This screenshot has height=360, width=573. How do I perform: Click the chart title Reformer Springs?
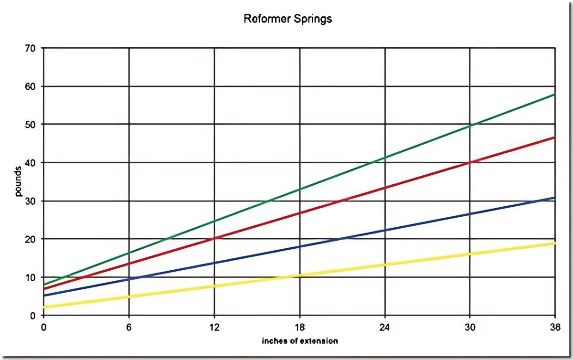coord(287,20)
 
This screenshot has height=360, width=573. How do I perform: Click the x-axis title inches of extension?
coord(300,341)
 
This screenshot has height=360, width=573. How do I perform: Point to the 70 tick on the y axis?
coord(32,48)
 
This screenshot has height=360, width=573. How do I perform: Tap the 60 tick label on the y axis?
coord(32,86)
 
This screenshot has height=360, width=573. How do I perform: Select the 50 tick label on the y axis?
coord(32,124)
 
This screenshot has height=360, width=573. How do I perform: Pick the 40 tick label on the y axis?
coord(32,162)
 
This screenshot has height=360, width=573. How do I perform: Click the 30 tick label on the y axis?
coord(32,201)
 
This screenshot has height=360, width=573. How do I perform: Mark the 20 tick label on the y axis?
coord(32,239)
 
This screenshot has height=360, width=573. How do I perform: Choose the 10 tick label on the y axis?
coord(32,277)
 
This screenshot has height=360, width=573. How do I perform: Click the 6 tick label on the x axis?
coord(129,327)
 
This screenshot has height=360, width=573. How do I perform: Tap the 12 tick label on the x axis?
coord(214,327)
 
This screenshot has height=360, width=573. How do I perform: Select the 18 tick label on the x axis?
coord(299,327)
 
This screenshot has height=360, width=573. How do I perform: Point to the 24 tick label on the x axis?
coord(385,327)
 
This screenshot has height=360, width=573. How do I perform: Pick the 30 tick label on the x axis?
coord(470,327)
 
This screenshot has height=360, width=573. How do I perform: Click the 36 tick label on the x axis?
coord(554,327)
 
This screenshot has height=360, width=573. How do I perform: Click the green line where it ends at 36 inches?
coord(554,95)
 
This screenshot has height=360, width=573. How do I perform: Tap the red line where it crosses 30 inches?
coord(470,162)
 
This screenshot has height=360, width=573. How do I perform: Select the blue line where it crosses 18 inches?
coord(299,246)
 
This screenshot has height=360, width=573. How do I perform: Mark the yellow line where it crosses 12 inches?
coord(214,286)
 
